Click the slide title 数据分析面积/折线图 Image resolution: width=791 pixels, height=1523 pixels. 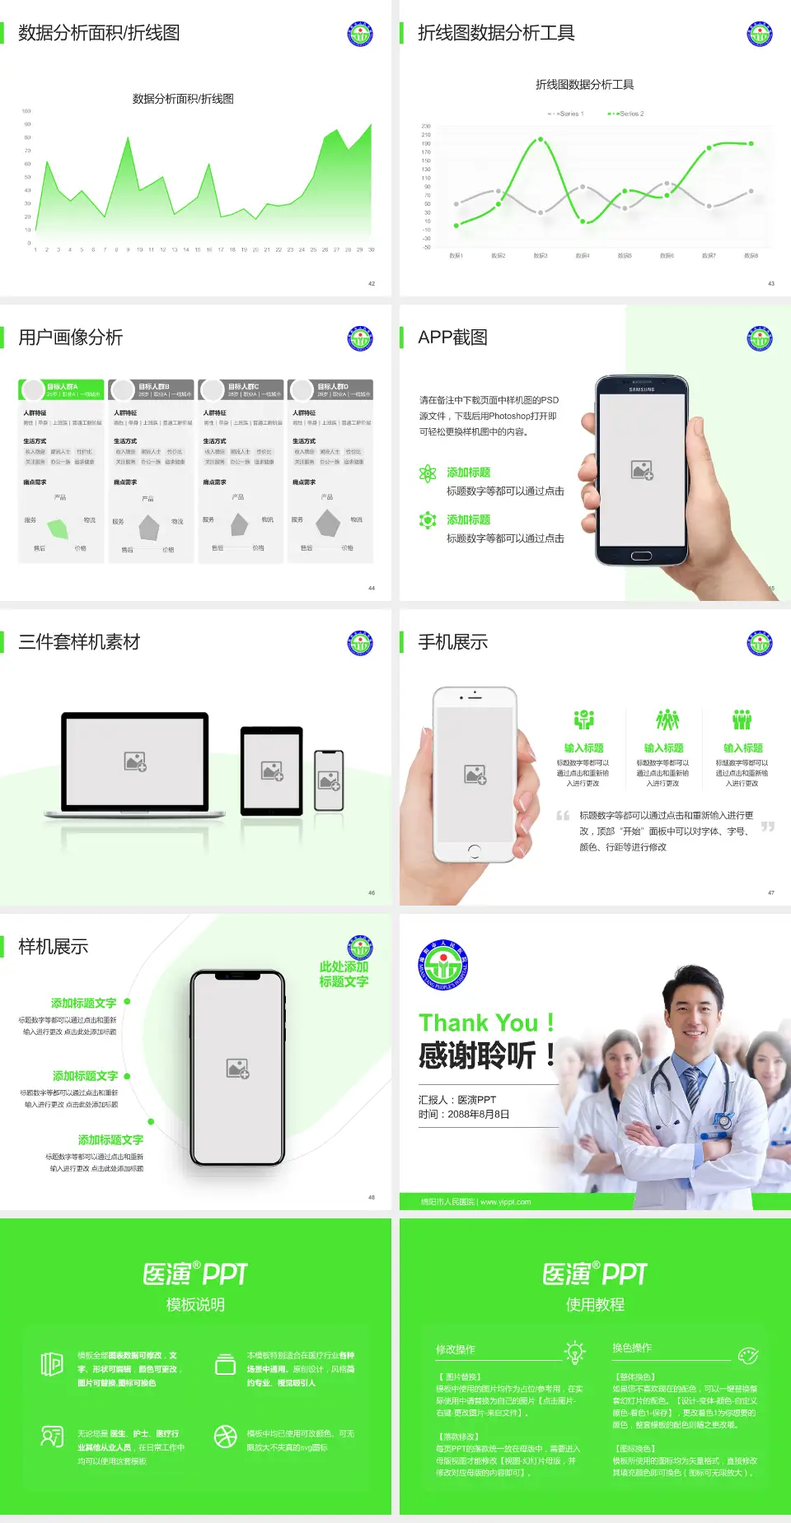99,33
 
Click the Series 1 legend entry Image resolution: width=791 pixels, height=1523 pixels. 566,114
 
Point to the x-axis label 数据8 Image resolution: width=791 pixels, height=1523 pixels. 751,256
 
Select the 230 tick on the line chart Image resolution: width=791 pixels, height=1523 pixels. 426,126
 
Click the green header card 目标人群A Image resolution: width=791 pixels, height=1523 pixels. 61,389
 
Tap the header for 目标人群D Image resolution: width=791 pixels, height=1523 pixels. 330,389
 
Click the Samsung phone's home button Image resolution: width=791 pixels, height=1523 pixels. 641,557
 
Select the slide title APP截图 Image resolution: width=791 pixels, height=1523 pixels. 452,338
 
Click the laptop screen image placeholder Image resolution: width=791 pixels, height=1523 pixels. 135,761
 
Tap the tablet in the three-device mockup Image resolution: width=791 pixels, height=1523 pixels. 272,771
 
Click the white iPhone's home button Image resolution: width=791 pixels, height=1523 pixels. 474,850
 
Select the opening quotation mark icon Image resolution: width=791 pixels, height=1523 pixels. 563,816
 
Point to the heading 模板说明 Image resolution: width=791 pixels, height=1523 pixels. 195,1305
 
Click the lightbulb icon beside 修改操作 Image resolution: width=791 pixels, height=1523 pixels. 574,1351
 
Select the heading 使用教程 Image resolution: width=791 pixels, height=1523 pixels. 595,1305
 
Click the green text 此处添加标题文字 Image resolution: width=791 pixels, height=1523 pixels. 344,974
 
